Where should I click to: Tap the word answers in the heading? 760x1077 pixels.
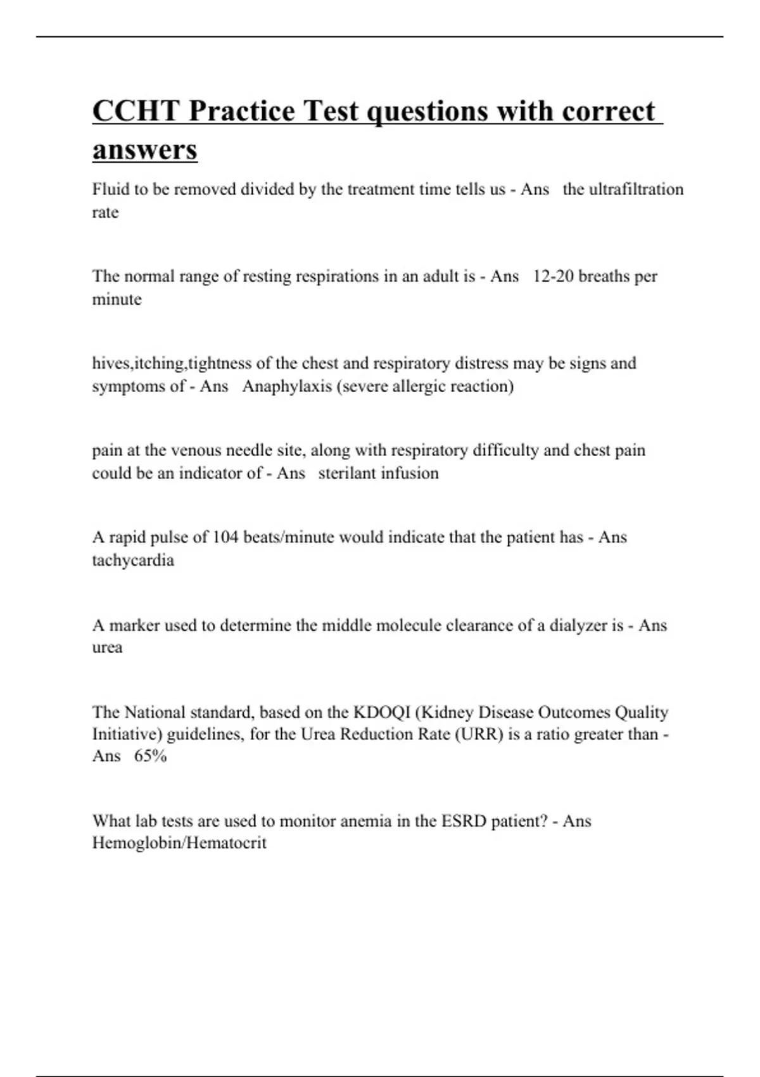[x=144, y=150]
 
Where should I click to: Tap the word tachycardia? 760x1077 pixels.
[x=133, y=560]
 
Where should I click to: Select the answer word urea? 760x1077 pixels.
[x=107, y=647]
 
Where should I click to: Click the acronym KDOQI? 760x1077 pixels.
[x=381, y=712]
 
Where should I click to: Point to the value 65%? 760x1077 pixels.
[x=150, y=756]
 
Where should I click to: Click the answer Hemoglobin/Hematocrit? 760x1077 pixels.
[x=179, y=843]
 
